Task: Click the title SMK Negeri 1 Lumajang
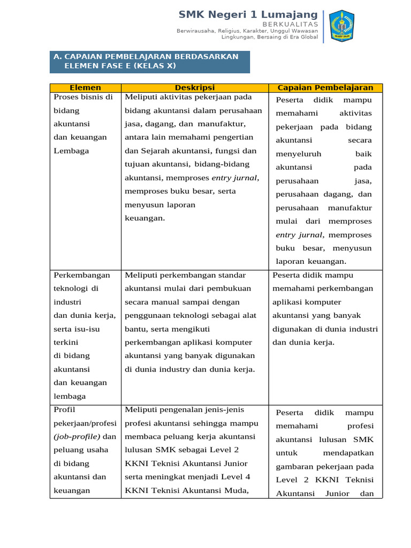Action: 248,14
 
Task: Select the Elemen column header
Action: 85,88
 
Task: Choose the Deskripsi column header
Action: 194,88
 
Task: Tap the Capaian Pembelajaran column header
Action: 325,88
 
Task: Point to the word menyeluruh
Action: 299,154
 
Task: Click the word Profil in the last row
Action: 64,410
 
